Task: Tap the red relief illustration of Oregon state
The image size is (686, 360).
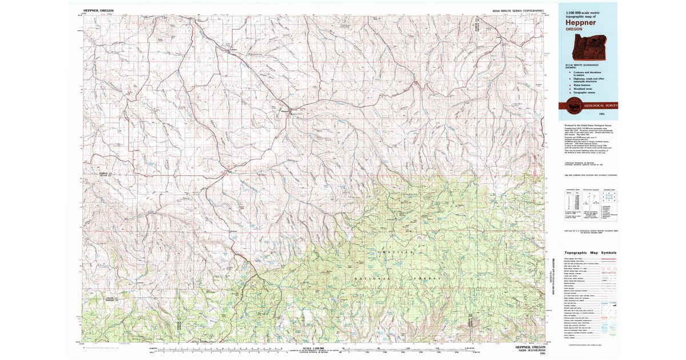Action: click(x=587, y=47)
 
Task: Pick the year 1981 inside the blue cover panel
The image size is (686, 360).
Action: click(x=611, y=114)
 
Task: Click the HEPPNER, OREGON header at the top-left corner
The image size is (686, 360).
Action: click(x=99, y=10)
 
